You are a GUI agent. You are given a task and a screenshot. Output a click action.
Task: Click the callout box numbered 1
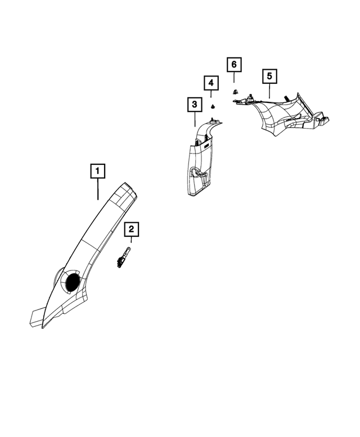point(97,171)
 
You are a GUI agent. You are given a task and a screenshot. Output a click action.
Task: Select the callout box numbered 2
point(131,229)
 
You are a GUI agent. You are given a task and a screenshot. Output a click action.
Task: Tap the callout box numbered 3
point(195,105)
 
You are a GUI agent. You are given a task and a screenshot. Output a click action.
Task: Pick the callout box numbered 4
point(211,83)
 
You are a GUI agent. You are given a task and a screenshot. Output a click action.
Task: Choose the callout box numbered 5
point(269,76)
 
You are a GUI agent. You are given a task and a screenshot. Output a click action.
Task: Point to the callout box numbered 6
point(234,65)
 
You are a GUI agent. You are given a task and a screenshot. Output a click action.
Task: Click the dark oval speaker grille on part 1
point(73,282)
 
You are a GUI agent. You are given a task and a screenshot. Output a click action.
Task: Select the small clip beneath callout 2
point(123,258)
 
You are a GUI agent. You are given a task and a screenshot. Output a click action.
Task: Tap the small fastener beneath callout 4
point(213,106)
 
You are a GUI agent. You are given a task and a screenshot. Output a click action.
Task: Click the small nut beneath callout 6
point(235,91)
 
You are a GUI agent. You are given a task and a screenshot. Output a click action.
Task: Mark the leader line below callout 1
point(98,189)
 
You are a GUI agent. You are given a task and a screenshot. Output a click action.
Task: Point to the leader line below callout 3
point(195,119)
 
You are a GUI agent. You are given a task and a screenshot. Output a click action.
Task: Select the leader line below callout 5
point(269,91)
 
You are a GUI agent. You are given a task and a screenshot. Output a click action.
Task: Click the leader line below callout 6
point(234,77)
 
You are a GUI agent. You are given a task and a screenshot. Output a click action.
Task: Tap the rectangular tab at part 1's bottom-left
point(36,317)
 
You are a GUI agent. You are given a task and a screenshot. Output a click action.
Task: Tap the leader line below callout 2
point(131,240)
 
